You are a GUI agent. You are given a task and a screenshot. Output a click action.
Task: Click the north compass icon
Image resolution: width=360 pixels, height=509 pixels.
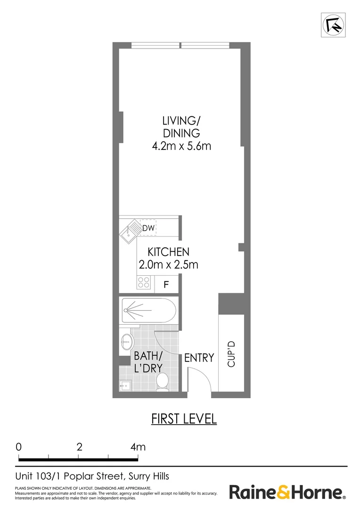point(333,25)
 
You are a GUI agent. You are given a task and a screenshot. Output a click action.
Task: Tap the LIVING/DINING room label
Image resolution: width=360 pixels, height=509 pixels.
point(181,126)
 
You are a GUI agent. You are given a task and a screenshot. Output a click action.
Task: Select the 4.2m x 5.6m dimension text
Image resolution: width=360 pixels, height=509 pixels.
point(181,146)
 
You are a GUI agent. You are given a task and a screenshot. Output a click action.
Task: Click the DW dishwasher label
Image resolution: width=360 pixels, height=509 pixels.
point(148,229)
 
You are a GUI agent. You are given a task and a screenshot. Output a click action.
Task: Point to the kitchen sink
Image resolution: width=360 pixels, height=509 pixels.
point(129,231)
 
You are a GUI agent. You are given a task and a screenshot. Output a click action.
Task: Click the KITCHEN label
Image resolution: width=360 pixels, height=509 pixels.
point(168,252)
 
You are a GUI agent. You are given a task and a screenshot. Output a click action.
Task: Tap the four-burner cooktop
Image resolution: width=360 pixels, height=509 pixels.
point(144,283)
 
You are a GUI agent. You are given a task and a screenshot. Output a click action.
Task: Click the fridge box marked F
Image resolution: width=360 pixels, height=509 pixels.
point(166,285)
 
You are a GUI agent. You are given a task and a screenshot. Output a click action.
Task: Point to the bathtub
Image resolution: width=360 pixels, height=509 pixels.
point(148,311)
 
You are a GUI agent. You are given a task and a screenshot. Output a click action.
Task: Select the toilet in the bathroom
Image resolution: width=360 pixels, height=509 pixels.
point(163,381)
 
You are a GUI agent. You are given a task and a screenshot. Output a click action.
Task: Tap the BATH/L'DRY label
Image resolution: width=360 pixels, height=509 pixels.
point(148,362)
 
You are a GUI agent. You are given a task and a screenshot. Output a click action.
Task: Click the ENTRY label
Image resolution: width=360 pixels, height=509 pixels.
point(199,358)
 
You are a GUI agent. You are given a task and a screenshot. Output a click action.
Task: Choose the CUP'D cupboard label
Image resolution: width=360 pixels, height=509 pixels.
point(231,353)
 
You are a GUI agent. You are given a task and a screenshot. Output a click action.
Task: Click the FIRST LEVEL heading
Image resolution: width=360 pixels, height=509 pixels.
point(184,419)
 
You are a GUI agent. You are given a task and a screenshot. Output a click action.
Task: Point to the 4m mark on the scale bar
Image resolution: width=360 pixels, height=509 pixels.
point(138,447)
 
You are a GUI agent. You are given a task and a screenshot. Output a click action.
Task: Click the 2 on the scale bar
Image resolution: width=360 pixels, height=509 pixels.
point(79,447)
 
